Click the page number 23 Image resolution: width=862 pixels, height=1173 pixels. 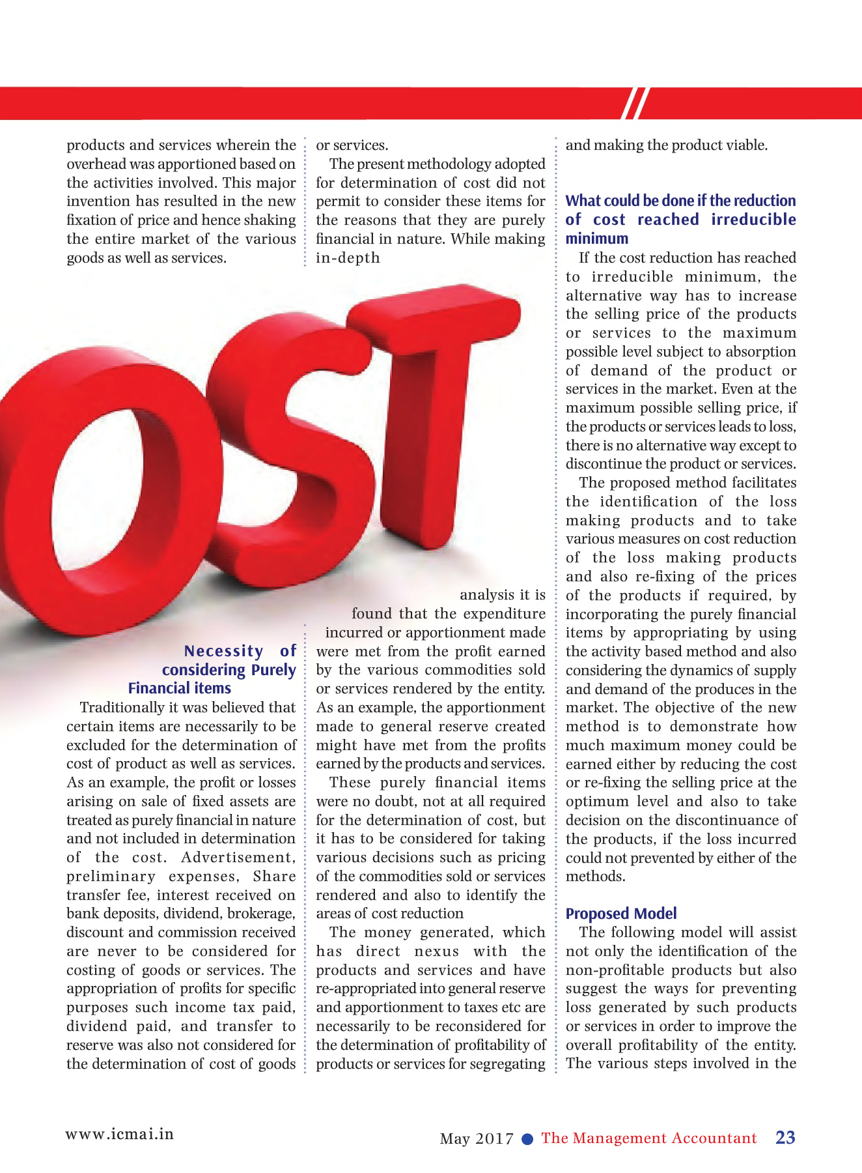click(785, 1137)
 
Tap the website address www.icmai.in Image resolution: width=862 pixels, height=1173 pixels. click(120, 1134)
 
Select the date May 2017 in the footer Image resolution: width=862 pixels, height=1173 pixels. click(477, 1138)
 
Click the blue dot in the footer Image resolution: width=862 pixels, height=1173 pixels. click(528, 1138)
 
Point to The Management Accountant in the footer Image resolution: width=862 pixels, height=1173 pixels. click(649, 1138)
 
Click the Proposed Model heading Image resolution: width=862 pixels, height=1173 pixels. click(621, 914)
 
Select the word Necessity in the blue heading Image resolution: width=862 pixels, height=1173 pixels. click(224, 651)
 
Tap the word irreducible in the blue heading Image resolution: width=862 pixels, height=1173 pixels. click(753, 220)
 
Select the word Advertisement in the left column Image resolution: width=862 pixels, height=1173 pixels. click(238, 858)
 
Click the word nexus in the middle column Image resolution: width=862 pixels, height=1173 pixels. click(436, 951)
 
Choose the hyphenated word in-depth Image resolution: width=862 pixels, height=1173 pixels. click(348, 258)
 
